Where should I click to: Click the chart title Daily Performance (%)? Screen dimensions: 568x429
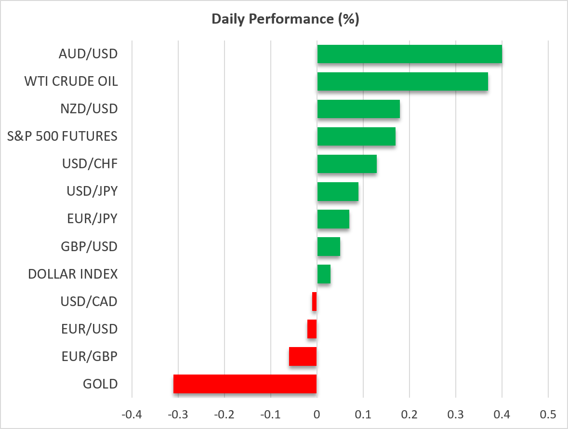[285, 19]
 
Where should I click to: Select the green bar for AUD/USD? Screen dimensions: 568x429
[409, 54]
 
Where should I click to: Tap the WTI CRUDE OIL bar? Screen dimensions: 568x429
[402, 81]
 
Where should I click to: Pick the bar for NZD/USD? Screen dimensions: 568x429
[358, 109]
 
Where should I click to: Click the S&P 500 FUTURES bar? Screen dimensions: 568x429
[357, 136]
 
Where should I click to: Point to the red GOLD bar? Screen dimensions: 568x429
[245, 384]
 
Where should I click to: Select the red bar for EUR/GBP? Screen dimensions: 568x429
[303, 357]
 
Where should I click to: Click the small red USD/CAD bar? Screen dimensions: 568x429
[315, 301]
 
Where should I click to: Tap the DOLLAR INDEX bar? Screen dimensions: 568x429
[324, 274]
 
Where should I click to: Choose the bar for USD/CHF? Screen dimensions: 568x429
[347, 164]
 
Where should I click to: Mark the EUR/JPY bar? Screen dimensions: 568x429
[333, 219]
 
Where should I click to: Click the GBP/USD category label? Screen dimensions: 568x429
[89, 246]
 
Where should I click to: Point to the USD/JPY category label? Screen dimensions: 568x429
[92, 191]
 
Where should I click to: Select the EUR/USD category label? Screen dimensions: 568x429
[90, 329]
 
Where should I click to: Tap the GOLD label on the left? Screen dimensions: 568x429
[100, 384]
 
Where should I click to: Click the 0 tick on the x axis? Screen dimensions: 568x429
[317, 414]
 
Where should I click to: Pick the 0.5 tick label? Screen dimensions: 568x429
[548, 414]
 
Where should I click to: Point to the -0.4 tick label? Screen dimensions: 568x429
[132, 414]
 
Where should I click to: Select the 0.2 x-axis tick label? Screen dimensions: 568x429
[409, 414]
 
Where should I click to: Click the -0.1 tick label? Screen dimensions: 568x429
[271, 414]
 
